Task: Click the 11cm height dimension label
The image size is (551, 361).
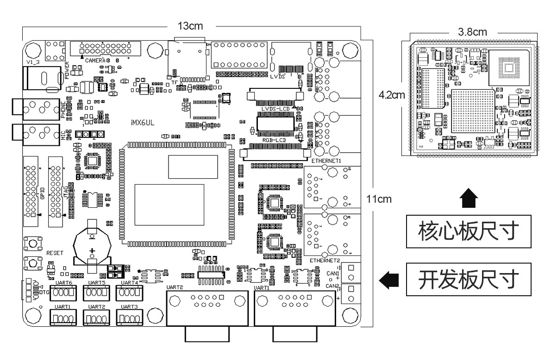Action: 379,199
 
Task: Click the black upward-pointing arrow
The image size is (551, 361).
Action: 470,200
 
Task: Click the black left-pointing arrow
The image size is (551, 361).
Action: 389,279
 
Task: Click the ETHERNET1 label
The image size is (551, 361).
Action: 326,161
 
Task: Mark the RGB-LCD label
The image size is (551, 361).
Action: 274,138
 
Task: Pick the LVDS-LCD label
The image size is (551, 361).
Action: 275,109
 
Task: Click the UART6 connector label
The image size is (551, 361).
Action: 63,282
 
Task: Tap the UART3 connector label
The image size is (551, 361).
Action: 129,307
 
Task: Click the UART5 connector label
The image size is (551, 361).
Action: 97,282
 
